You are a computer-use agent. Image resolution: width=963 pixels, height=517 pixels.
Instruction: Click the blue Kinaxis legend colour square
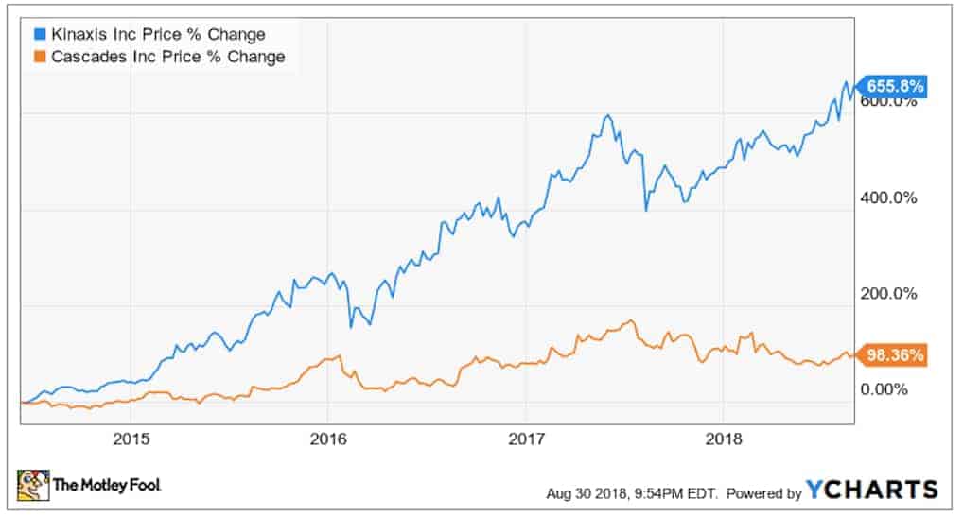(x=39, y=35)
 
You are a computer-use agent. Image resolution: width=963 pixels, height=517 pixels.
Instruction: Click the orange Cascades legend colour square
(x=39, y=57)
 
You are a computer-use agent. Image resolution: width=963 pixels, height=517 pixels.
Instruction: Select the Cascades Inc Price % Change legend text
(x=166, y=57)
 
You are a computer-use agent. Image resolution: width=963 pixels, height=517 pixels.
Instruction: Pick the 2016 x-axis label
(x=327, y=439)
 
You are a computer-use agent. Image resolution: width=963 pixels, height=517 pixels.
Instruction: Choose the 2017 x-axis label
(x=526, y=439)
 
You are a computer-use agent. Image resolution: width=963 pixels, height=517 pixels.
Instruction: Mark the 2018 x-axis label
(x=723, y=439)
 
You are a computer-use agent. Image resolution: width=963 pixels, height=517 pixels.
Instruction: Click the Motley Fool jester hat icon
(x=32, y=485)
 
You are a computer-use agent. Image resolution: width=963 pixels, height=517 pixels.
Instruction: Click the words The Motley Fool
(x=107, y=486)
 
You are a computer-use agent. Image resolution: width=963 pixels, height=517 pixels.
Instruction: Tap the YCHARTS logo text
(x=871, y=490)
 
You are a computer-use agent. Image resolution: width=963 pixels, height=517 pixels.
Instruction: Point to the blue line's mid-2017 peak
(x=607, y=116)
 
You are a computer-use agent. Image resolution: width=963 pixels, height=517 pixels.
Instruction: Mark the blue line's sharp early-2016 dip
(x=351, y=327)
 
